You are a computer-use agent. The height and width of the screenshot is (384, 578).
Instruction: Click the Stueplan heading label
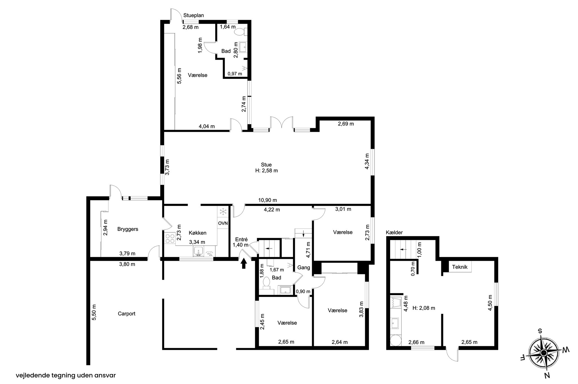coord(194,15)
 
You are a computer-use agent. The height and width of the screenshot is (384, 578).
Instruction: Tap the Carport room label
coord(126,313)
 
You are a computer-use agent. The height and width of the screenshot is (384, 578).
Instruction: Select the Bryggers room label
coord(128,229)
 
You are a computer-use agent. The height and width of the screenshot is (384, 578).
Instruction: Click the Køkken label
coord(198,233)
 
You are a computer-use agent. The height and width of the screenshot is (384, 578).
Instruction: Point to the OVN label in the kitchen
coord(223,223)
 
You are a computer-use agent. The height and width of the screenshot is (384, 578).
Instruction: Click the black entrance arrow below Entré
coord(244,264)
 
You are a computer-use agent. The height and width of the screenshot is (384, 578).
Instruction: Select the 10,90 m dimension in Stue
coord(268,200)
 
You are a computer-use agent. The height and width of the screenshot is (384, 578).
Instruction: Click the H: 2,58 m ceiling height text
coord(266,171)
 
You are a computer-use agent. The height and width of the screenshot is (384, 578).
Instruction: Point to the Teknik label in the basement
coord(460,267)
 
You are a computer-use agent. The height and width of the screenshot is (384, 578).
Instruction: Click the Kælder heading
coord(394,232)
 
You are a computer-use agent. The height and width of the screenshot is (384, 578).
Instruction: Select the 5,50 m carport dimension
coord(94,312)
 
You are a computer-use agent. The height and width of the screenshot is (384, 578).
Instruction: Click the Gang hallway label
coord(304,267)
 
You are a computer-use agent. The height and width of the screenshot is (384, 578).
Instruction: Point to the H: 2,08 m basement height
coord(424,308)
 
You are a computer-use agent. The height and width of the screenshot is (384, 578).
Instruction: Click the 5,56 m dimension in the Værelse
coord(179,76)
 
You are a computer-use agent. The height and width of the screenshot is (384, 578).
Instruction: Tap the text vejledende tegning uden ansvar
coord(66,376)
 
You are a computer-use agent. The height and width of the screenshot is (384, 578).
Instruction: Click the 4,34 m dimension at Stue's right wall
coord(367,161)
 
